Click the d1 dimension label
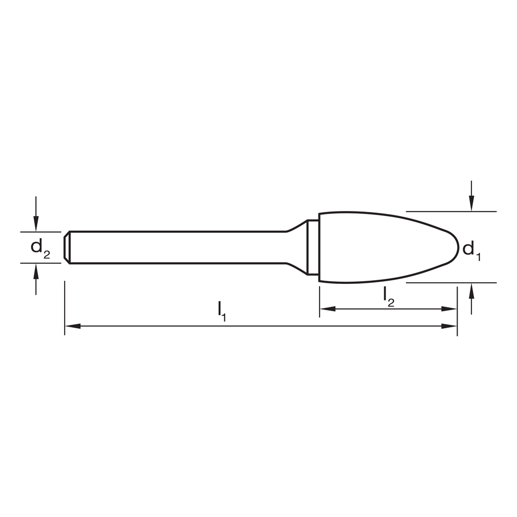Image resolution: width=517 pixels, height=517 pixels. (x=471, y=250)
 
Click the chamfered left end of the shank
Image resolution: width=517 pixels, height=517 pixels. (x=67, y=247)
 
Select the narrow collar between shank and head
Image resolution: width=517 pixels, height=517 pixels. (x=312, y=247)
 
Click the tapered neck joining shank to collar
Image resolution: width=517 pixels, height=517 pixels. (x=296, y=247)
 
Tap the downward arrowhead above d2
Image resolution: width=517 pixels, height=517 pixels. (x=35, y=225)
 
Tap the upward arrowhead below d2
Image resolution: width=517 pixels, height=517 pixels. (x=35, y=270)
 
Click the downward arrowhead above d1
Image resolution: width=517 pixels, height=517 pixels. (x=471, y=204)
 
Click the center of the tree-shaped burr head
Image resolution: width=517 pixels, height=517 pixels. (x=383, y=247)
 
